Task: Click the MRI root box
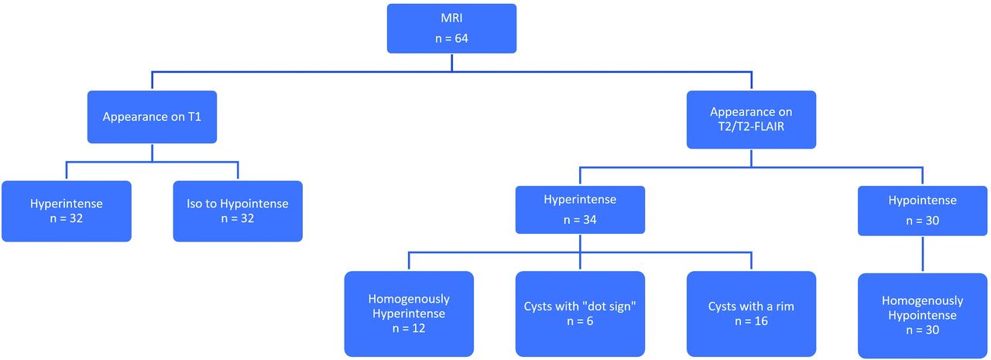coord(451,29)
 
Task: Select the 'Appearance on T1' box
coord(152,117)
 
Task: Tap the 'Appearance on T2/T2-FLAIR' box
coord(751,119)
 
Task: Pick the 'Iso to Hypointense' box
coord(238,211)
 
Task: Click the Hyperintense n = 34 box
coord(580,210)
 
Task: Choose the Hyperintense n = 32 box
coord(67,211)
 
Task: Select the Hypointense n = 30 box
coord(922,211)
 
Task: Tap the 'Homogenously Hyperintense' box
coord(409,314)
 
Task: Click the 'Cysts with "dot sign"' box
coord(580,314)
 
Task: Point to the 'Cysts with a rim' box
coord(751,314)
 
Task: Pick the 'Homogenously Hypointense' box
coord(922,315)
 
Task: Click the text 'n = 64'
coord(451,39)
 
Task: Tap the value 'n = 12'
coord(409,328)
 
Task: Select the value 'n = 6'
coord(580,321)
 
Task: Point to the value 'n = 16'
coord(751,321)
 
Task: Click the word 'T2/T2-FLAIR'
coord(751,126)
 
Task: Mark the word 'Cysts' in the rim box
coord(721,307)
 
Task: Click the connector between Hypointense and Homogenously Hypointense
coord(922,254)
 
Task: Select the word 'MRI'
coord(451,18)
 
